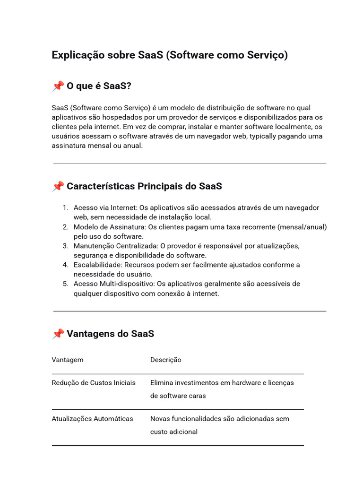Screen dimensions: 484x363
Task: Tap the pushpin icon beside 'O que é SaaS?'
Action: coord(58,86)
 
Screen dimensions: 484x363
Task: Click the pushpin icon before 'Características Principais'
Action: coord(58,186)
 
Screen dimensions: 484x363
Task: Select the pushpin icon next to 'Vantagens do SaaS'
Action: coord(58,334)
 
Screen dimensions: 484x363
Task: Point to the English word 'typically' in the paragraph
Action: coord(265,136)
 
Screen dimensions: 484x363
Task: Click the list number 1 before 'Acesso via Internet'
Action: coord(65,207)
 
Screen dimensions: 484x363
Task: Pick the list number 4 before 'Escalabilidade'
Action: coord(65,265)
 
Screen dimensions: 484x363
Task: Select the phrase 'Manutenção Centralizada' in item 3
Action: coord(115,246)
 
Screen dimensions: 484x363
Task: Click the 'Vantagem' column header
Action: coord(68,360)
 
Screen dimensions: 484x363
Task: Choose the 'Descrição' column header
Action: coord(166,360)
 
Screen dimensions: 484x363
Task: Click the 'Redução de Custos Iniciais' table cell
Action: coord(94,382)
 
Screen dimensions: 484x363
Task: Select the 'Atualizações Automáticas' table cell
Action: coord(93,418)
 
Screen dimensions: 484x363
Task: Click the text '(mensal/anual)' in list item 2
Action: coord(302,227)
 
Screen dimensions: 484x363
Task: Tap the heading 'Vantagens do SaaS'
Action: coord(110,334)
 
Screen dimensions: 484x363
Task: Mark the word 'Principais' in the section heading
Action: coord(160,186)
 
